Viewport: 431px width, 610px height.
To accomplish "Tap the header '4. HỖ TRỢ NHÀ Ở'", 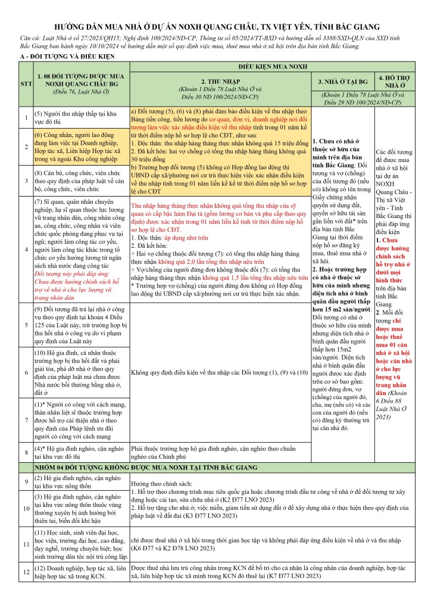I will [x=397, y=80].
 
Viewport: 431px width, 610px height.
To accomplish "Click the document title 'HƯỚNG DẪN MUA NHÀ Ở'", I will [x=215, y=27].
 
